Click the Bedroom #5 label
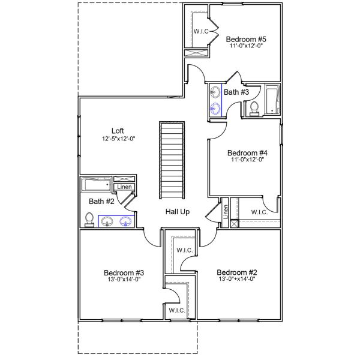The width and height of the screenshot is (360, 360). click(x=246, y=40)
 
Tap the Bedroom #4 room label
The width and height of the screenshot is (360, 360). click(x=247, y=153)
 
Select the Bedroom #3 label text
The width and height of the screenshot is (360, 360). click(x=124, y=271)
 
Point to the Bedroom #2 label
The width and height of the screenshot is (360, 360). click(x=236, y=271)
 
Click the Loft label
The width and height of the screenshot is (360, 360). click(x=118, y=131)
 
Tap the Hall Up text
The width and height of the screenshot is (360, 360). click(x=178, y=212)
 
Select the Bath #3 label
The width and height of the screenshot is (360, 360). click(x=236, y=92)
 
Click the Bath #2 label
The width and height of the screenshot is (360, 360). click(x=101, y=201)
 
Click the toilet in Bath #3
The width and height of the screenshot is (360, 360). click(x=254, y=107)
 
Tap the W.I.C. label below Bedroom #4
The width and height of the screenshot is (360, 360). click(x=259, y=212)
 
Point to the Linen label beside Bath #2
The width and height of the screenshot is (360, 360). click(x=124, y=187)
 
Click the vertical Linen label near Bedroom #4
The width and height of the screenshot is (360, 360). click(x=226, y=211)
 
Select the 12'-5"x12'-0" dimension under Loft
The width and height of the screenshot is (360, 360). click(x=118, y=139)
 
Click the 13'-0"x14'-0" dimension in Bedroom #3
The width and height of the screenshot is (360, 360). click(x=124, y=279)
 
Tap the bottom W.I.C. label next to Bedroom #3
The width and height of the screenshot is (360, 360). click(x=176, y=310)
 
